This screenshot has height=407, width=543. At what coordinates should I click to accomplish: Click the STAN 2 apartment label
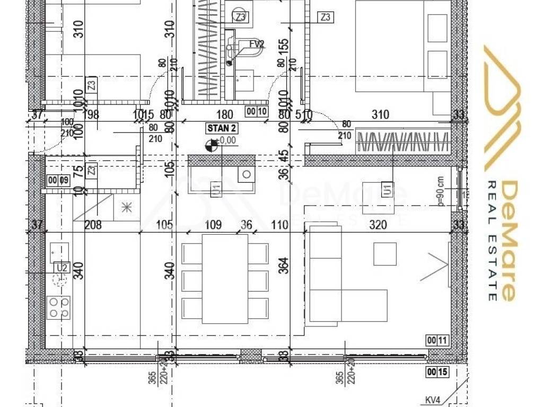coord(222,128)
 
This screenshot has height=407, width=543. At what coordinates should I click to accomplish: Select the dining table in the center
coord(225,279)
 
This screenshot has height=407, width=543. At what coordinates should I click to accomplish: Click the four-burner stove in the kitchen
coord(59,307)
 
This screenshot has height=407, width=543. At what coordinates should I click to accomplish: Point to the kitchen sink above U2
coord(59,252)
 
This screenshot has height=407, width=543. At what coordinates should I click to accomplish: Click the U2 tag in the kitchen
coord(62,268)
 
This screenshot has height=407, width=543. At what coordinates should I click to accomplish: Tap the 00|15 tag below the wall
coord(436,373)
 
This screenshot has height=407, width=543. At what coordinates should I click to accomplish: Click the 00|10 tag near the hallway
coord(256,111)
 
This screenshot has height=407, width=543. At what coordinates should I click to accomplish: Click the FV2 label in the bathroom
coord(257,45)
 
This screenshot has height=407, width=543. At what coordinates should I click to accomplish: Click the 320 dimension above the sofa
coord(378,225)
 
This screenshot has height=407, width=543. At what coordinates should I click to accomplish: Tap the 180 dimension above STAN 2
coord(225,114)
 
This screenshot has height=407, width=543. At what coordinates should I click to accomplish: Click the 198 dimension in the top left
coord(91,114)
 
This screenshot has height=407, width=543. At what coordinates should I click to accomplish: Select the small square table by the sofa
coord(385,254)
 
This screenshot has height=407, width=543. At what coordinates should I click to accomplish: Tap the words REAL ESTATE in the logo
coord(492,241)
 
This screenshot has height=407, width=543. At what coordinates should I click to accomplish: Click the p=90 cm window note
coord(440,191)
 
